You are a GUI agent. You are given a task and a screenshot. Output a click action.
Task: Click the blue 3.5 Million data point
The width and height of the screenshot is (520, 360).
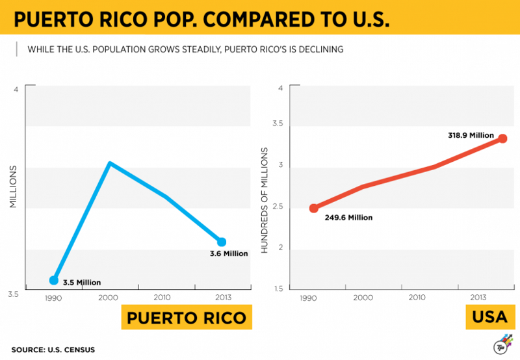tap(54, 280)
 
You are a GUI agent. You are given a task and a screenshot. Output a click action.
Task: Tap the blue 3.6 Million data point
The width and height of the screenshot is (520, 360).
tap(222, 242)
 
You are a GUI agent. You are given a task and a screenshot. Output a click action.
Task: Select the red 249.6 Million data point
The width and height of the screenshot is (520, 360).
tap(314, 208)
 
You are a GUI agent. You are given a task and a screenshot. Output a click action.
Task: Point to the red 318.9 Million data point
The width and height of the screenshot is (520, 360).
tap(502, 138)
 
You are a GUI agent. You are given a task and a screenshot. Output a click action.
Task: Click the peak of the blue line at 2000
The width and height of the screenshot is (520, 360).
tap(110, 163)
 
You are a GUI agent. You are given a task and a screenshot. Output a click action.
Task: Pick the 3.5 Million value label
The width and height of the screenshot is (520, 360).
tap(82, 283)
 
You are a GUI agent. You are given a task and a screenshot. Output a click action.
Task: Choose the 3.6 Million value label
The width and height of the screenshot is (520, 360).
tap(229, 253)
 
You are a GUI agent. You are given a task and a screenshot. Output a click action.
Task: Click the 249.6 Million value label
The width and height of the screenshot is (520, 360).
tap(348, 218)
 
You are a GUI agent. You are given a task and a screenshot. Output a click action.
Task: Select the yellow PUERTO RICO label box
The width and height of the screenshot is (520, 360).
tap(186, 318)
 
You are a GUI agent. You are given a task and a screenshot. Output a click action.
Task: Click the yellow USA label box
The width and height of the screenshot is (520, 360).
tap(489, 318)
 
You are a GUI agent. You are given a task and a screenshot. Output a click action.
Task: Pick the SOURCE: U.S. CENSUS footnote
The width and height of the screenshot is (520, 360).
tap(53, 350)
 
